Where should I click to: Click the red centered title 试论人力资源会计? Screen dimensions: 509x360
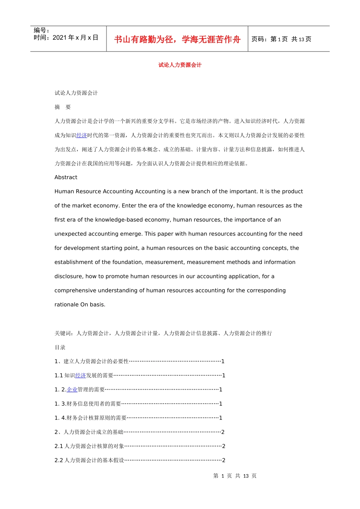point(180,65)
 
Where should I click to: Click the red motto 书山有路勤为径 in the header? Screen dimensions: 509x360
point(144,39)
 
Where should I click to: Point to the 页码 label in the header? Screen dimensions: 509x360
point(259,39)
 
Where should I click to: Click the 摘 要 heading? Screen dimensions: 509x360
point(63,107)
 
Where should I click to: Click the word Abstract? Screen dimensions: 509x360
point(66,177)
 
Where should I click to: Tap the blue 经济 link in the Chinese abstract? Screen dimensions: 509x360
point(81,136)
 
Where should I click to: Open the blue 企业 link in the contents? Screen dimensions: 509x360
point(72,390)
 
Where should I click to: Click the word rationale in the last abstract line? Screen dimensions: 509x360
point(66,304)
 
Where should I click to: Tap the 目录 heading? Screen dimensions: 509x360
point(60,347)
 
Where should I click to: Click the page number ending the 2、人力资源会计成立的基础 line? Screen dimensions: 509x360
point(223,432)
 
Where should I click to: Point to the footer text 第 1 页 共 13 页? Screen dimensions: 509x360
point(235,476)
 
